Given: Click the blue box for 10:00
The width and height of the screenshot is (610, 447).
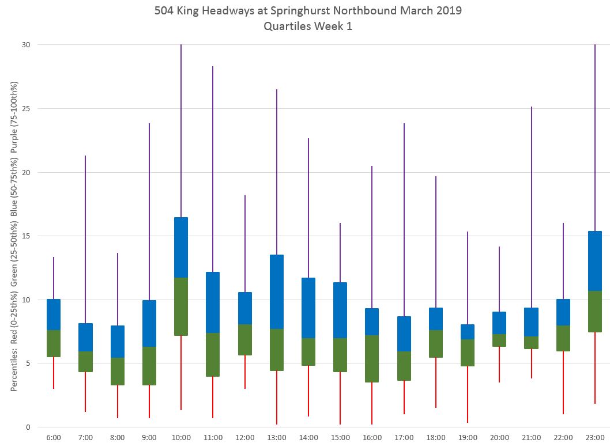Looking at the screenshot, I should [181, 247].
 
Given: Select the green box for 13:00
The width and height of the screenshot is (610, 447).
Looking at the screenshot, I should [277, 350].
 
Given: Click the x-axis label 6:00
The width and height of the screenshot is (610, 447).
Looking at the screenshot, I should [54, 438].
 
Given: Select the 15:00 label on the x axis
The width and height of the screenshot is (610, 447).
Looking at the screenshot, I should [340, 438].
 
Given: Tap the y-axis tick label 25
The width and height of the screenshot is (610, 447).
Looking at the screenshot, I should [26, 108].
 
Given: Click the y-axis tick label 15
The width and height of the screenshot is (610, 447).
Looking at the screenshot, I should [26, 236].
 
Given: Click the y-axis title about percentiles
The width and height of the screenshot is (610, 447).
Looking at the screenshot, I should [14, 236].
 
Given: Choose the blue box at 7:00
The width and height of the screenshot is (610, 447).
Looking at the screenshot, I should [85, 337].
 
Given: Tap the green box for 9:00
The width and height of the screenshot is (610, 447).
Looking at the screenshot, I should [149, 366].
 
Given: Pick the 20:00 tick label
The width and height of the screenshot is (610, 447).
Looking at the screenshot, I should [499, 438].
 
